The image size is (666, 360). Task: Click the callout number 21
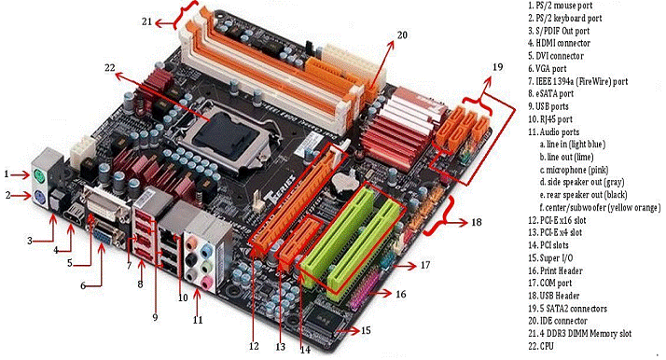pos(147,20)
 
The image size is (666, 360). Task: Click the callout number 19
pos(497,66)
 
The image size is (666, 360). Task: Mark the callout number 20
pos(402,35)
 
